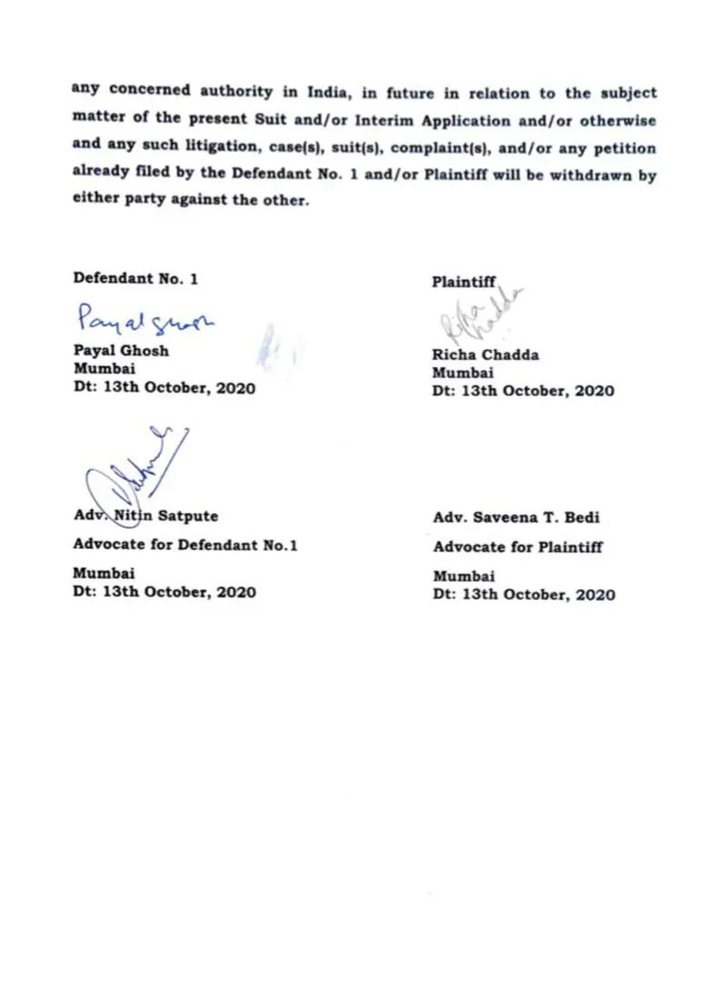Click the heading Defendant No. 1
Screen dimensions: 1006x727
point(135,279)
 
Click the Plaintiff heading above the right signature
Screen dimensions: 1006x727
point(463,283)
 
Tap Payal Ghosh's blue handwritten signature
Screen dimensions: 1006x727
point(146,319)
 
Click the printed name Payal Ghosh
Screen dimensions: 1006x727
point(121,351)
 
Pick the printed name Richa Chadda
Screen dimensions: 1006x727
point(485,355)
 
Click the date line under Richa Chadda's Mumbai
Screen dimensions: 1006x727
point(523,392)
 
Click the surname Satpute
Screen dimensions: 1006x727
point(188,516)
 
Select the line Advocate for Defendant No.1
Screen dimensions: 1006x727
point(185,546)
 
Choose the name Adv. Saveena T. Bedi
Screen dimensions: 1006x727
point(516,518)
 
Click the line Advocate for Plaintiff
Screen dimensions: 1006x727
point(517,547)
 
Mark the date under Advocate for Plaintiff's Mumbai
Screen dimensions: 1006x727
point(523,595)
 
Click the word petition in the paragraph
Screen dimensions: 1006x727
point(625,147)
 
